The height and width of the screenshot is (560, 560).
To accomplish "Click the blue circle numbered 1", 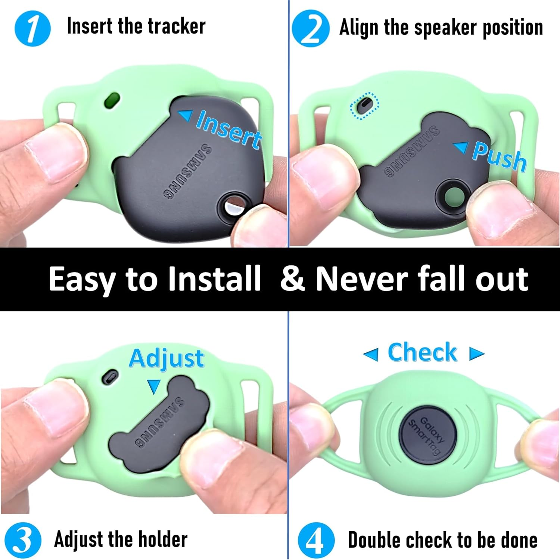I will (x=32, y=28).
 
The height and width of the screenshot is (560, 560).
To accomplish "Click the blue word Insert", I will (x=228, y=129).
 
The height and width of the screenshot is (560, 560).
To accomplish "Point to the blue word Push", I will (x=499, y=156).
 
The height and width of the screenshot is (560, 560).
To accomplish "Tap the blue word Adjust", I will (x=167, y=358).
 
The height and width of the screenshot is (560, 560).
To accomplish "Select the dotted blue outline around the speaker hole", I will (x=365, y=106).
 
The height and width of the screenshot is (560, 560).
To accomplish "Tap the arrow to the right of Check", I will (x=477, y=353).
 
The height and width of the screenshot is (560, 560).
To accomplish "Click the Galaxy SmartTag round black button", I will (x=428, y=435).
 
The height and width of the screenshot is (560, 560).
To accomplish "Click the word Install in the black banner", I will (x=214, y=279).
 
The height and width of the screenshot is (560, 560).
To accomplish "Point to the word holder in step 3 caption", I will (x=162, y=539).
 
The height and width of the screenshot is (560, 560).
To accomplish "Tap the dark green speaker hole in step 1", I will (x=112, y=100).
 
